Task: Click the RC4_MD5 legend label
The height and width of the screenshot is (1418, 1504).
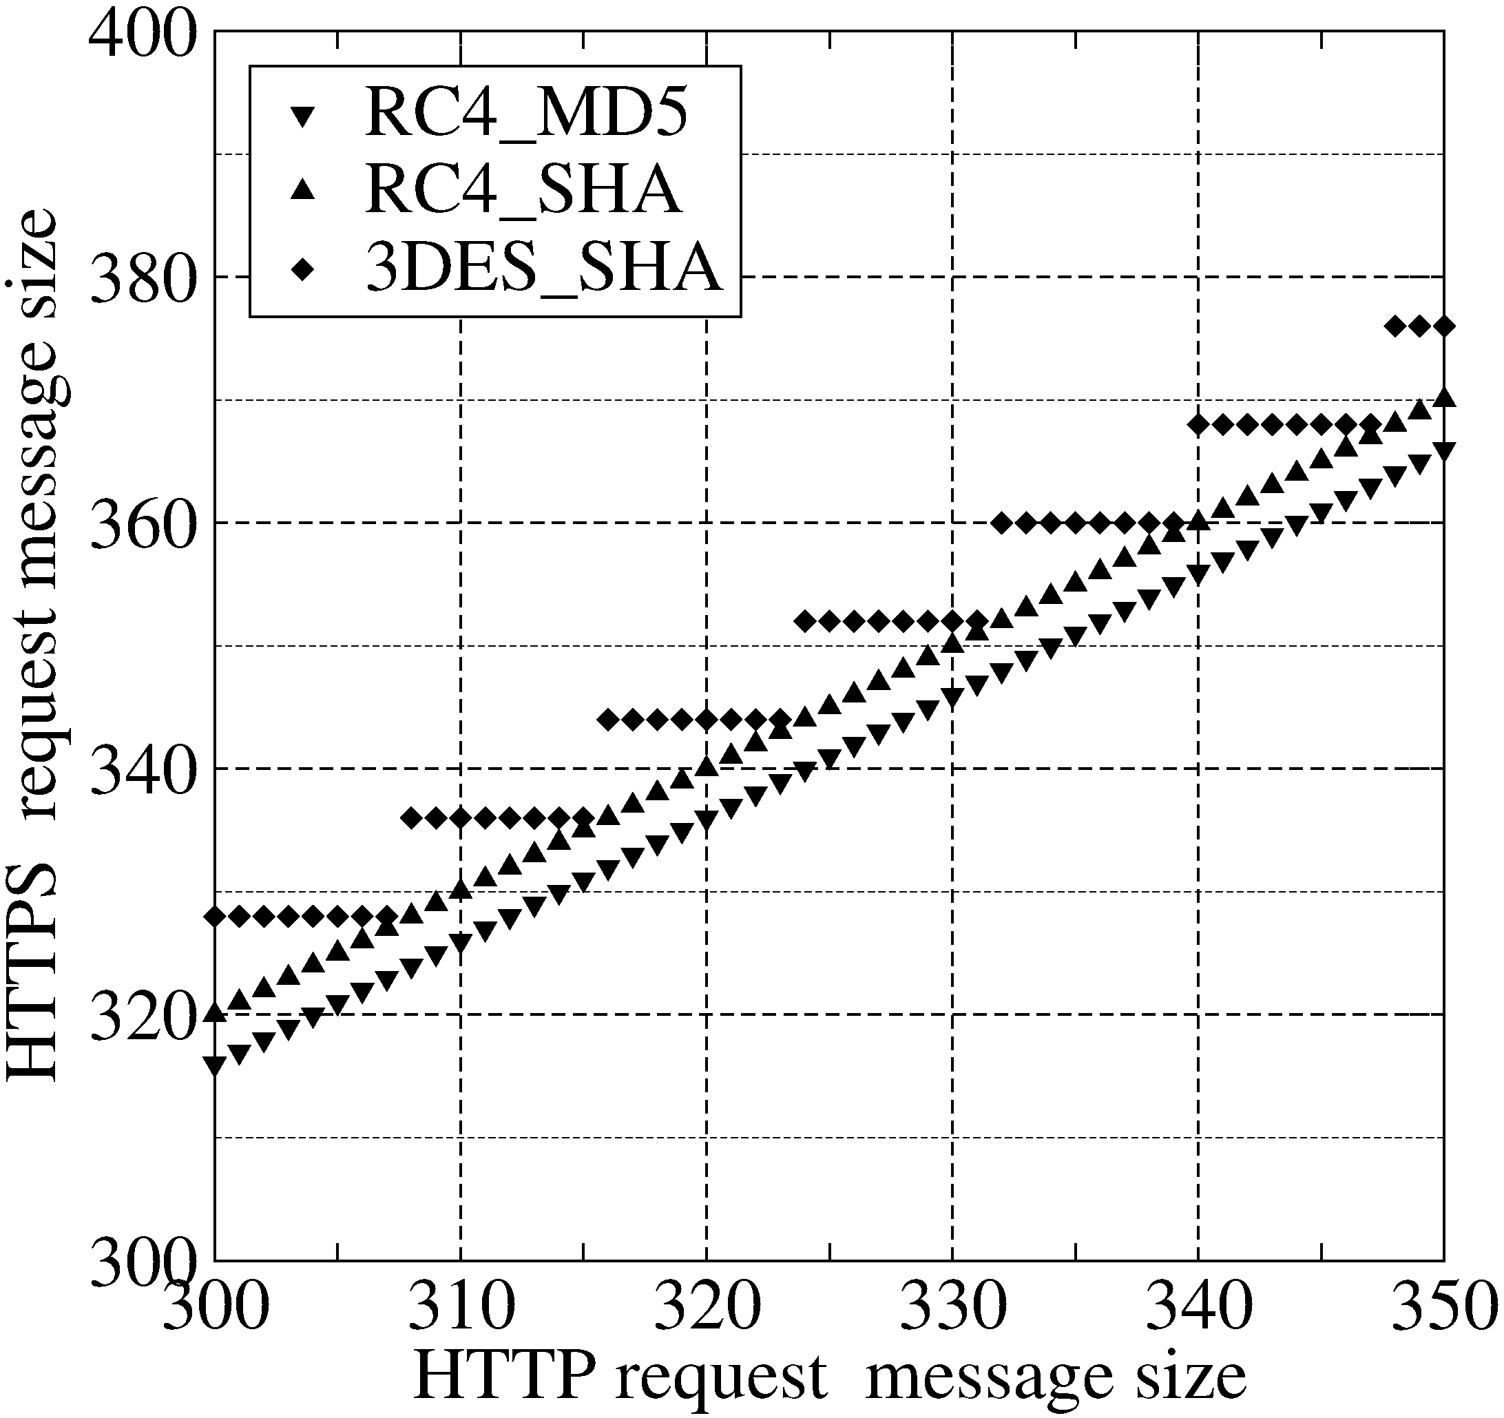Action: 527,114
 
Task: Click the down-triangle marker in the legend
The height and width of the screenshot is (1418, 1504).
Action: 304,116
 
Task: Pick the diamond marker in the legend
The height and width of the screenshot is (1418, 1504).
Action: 304,270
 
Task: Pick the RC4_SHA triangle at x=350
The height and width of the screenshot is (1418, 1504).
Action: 1444,398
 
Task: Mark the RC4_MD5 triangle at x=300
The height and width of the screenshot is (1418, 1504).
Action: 216,1065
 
